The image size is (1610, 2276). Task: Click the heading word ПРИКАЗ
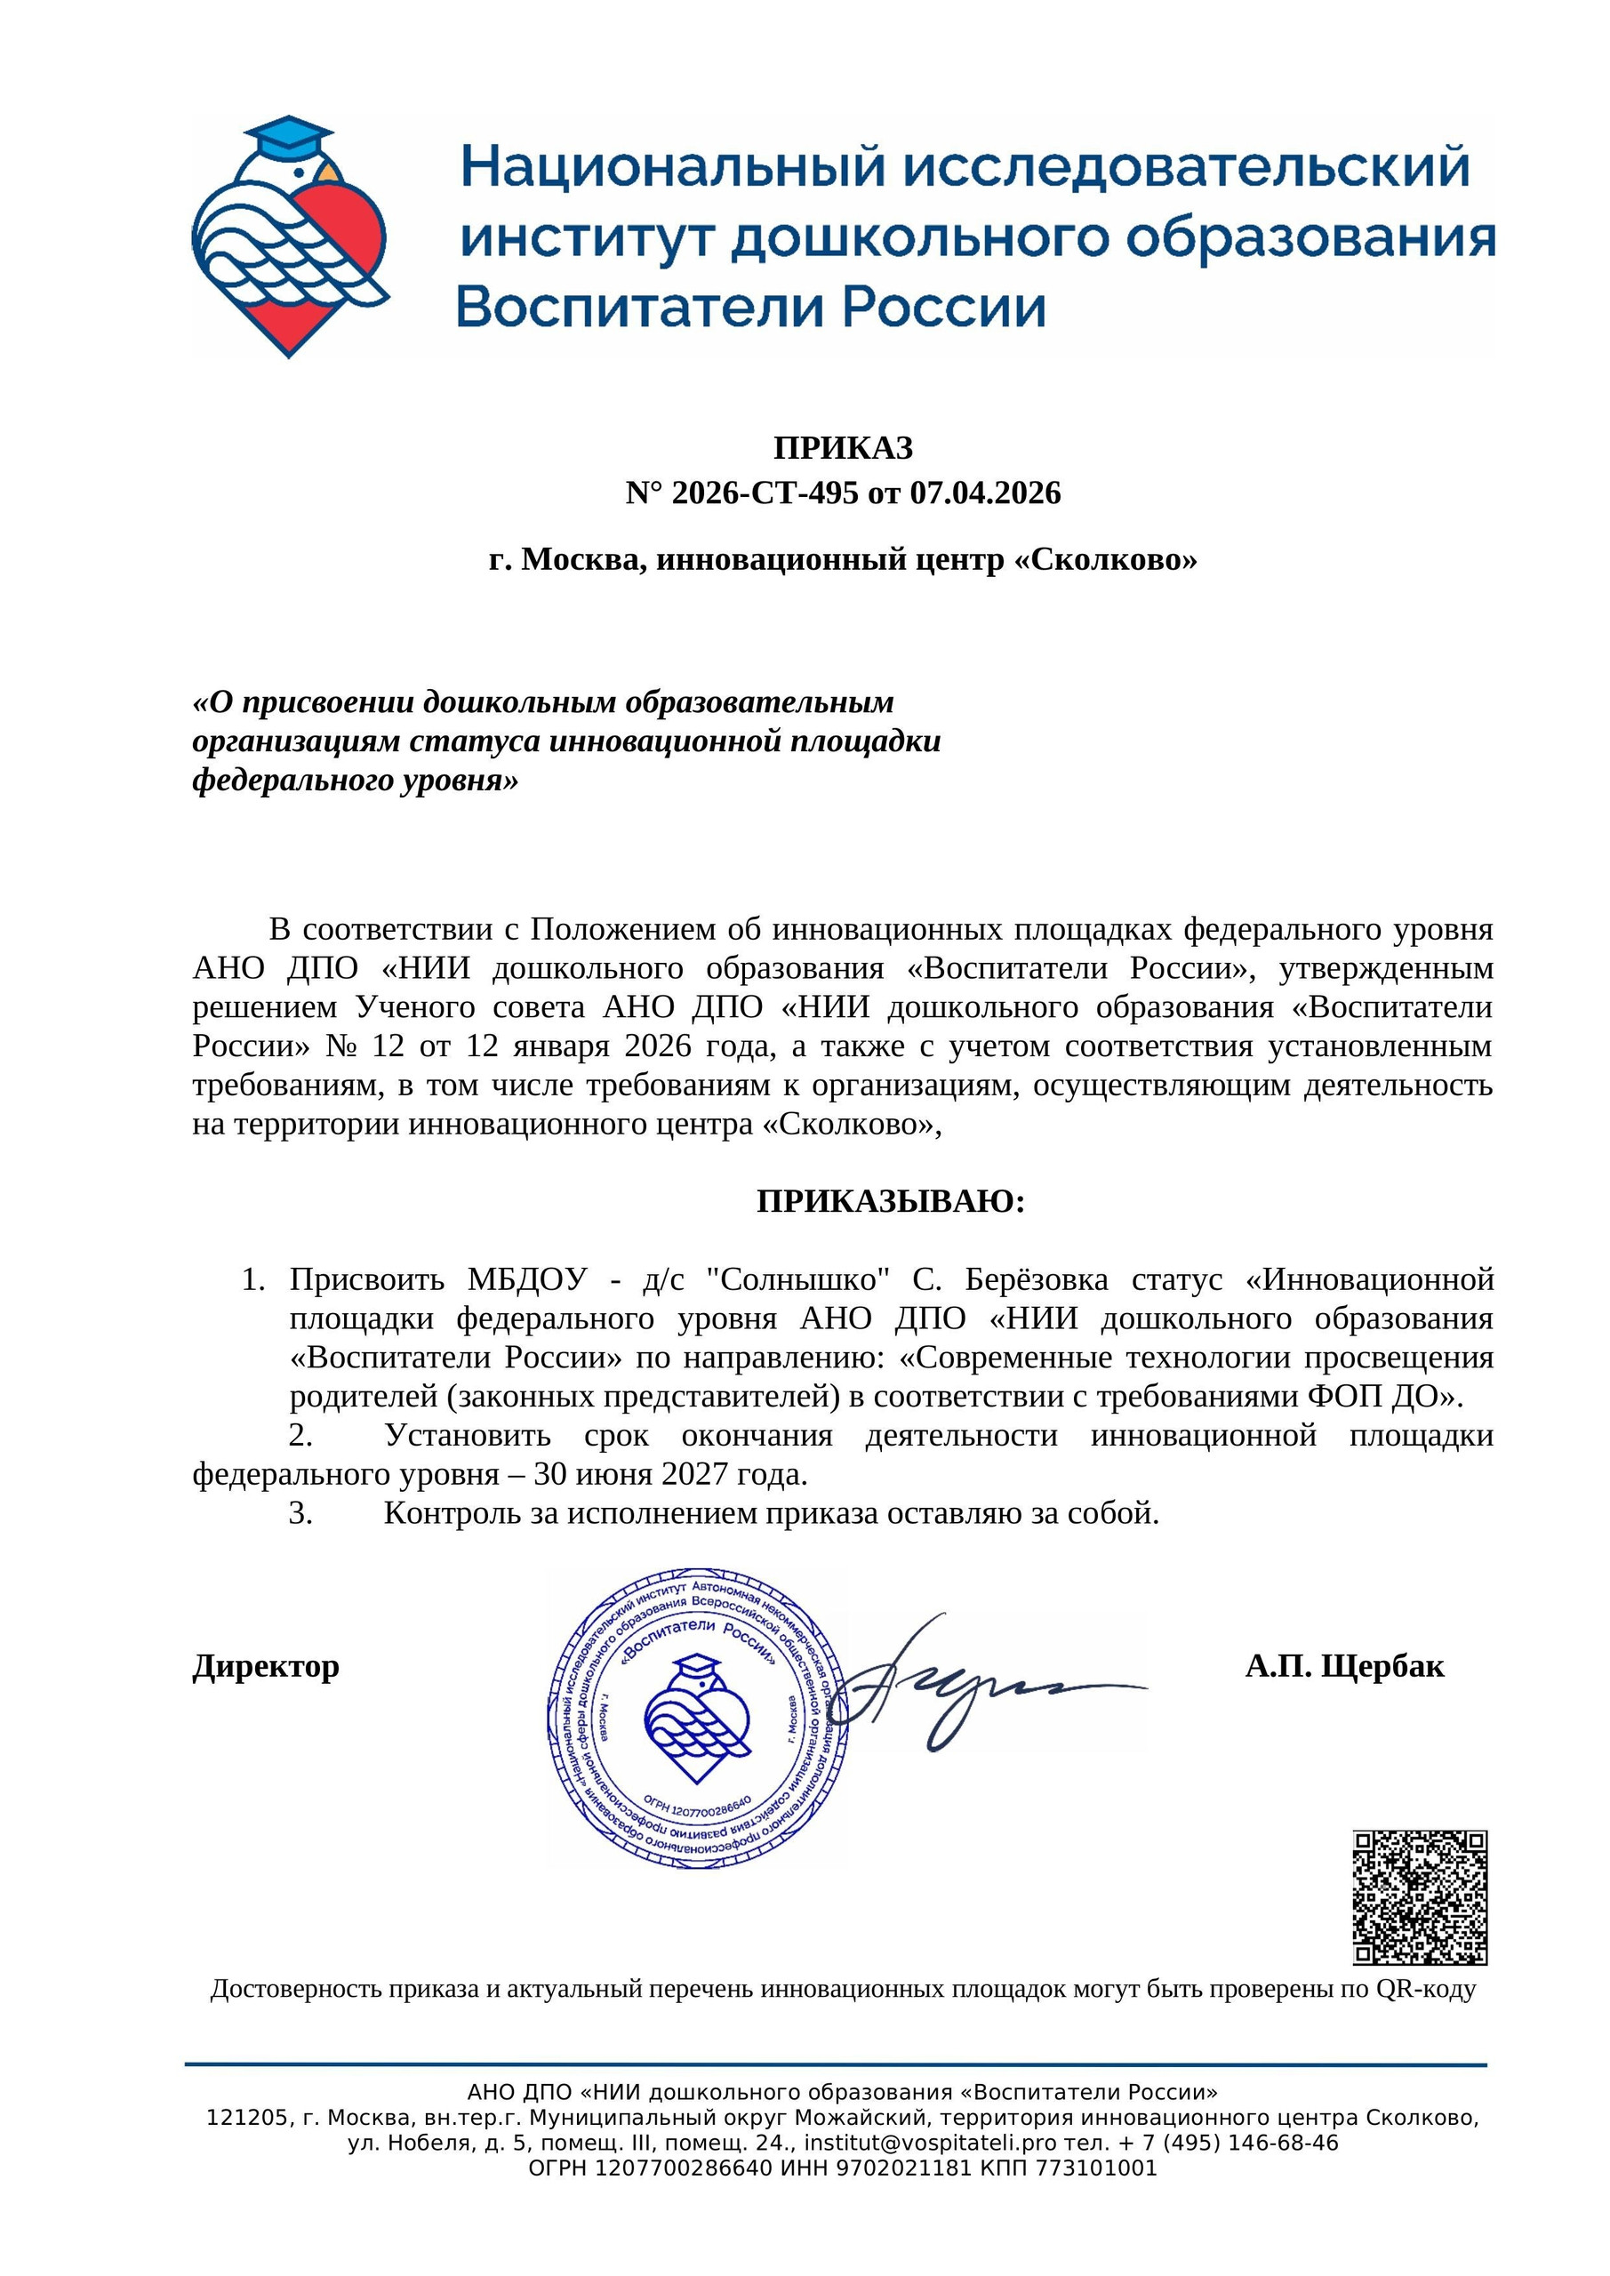843,448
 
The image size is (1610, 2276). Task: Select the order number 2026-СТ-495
765,493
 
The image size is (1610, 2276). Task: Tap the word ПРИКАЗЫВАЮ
889,1201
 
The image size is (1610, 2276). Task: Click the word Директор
266,1666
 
